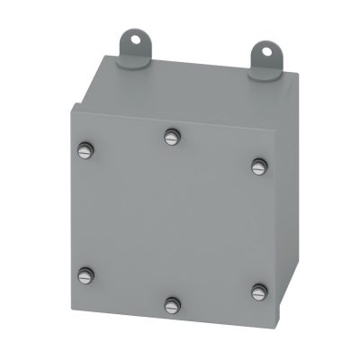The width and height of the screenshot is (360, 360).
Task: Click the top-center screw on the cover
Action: coord(172,137)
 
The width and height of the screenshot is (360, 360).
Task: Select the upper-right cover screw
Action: coord(258,164)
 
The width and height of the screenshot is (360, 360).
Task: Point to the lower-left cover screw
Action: coord(85,273)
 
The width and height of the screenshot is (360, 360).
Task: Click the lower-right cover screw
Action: coord(259,290)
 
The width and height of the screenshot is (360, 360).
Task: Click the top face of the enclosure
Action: coord(193,85)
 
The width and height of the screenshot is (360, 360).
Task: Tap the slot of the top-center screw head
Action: coord(172,137)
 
